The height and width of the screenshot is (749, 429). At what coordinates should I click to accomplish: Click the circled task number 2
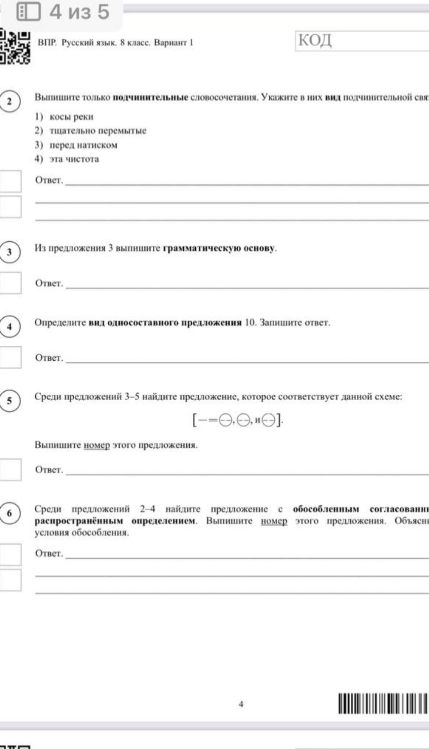tap(10, 101)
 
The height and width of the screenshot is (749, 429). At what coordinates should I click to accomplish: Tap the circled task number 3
tap(10, 252)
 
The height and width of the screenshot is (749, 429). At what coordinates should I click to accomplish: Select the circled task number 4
tap(10, 327)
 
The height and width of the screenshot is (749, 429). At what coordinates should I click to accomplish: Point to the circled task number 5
tap(10, 401)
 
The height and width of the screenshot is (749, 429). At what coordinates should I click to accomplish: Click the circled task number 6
tap(10, 513)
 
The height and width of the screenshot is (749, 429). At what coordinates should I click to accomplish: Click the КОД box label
tap(315, 40)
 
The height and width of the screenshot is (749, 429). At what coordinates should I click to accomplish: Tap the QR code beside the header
tap(15, 47)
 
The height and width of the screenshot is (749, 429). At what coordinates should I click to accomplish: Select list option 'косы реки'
tap(71, 117)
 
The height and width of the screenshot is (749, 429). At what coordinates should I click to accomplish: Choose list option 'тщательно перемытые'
tap(98, 131)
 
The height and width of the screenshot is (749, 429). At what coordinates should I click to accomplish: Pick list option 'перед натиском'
tap(83, 145)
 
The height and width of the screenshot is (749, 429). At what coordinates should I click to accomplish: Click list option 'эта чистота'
tap(74, 159)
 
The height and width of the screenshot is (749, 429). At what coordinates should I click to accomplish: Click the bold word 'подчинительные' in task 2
tap(150, 98)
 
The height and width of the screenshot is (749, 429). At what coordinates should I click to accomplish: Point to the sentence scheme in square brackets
tap(238, 421)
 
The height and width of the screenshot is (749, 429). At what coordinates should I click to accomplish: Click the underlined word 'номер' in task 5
tap(97, 445)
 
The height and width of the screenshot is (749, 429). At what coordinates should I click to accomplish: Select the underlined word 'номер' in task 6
tap(274, 521)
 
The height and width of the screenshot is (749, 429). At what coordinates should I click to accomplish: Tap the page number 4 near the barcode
tap(241, 704)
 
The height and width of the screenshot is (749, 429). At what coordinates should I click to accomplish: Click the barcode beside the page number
tap(383, 703)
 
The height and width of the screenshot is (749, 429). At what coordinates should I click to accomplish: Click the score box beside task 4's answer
tap(10, 357)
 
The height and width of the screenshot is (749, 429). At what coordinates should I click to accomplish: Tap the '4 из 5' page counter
tap(79, 12)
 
